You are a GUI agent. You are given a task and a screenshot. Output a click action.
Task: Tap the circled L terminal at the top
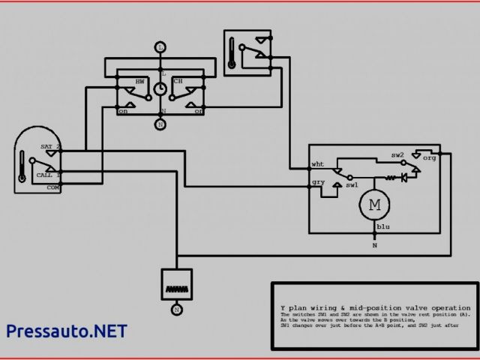[x=160, y=46]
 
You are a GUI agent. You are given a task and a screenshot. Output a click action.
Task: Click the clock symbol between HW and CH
[x=160, y=89]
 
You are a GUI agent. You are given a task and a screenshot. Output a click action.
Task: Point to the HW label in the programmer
[x=140, y=81]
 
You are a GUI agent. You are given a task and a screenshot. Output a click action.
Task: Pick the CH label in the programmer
[x=178, y=81]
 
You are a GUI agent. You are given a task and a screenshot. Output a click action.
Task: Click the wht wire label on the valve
[x=318, y=164]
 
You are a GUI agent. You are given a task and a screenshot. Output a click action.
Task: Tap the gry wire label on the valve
[x=318, y=182]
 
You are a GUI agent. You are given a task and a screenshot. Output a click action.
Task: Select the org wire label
[x=429, y=158]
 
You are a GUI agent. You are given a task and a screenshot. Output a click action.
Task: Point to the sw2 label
[x=397, y=155]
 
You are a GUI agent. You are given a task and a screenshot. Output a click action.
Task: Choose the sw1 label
[x=352, y=184]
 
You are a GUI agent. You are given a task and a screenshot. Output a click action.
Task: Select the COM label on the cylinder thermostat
[x=54, y=188]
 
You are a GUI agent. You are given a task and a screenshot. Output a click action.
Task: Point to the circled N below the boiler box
[x=177, y=309]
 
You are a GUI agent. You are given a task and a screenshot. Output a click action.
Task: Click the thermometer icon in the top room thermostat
[x=235, y=51]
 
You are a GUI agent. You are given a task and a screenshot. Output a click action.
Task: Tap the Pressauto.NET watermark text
[x=66, y=331]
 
